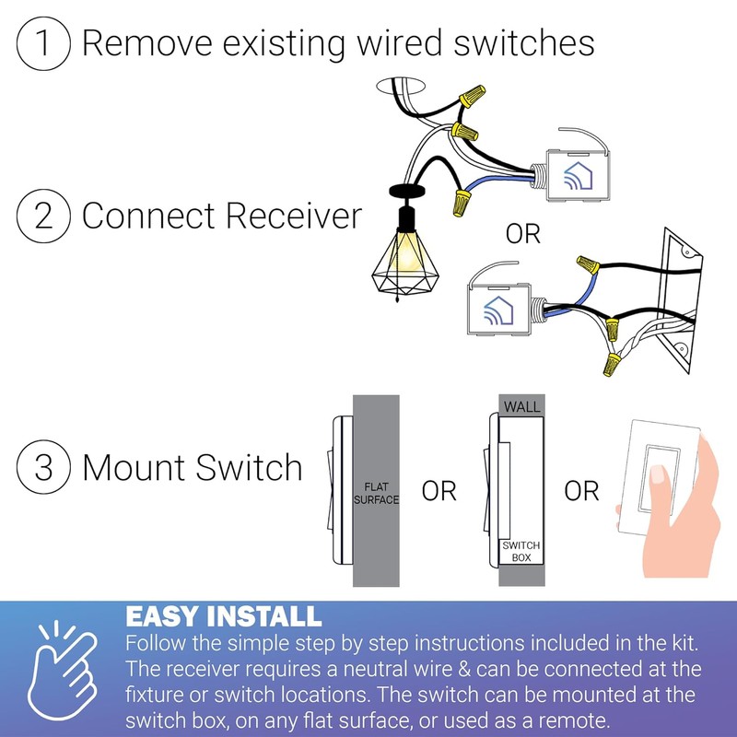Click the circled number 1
[x=44, y=43]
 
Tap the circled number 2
[x=44, y=216]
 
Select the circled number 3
[x=44, y=467]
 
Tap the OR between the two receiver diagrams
[x=523, y=234]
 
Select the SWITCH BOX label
[x=521, y=552]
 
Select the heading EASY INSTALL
[x=223, y=615]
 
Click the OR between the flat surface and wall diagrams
[x=439, y=490]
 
